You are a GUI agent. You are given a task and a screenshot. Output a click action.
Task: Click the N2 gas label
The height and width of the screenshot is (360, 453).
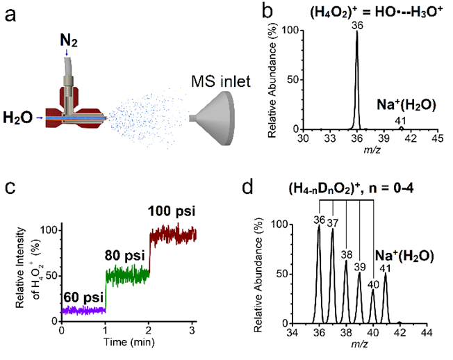69,40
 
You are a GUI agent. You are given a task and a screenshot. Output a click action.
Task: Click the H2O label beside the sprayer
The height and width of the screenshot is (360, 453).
18,117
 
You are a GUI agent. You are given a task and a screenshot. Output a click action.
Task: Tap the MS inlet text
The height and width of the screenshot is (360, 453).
221,81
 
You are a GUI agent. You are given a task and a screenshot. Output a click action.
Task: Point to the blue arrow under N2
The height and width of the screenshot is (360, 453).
67,52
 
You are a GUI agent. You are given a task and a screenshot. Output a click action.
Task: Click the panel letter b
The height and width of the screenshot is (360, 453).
267,12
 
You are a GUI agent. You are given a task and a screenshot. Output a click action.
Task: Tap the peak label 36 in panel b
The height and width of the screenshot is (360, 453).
357,26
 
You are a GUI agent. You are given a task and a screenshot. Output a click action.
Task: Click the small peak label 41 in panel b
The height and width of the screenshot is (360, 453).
400,121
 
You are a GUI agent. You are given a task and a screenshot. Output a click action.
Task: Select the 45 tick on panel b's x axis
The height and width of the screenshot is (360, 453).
438,138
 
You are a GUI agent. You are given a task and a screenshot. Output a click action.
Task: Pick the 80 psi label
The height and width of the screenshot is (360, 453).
124,256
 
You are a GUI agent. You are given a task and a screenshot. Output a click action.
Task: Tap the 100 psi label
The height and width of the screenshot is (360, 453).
172,211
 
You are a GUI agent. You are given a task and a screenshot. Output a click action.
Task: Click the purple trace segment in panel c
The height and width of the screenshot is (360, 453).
83,311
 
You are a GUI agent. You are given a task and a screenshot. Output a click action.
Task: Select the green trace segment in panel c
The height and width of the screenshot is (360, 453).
127,275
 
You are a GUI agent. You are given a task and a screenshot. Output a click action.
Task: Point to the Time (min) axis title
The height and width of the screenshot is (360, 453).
129,342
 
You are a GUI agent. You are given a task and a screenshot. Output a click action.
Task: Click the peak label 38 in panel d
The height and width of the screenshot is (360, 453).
347,255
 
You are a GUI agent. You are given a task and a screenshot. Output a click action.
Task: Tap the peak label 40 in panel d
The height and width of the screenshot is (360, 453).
373,285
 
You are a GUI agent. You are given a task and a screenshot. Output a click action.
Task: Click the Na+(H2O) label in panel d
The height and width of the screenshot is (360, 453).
404,256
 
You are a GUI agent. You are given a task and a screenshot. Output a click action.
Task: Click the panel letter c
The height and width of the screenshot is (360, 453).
10,187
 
